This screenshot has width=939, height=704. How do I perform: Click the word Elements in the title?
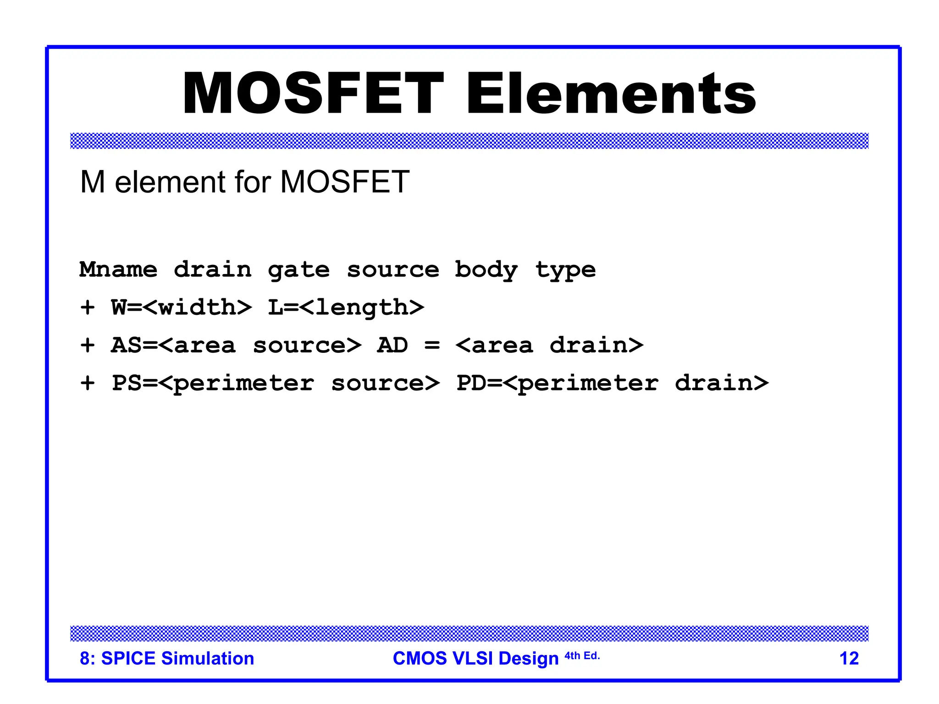click(x=611, y=93)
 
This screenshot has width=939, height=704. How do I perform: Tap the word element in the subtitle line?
click(x=171, y=182)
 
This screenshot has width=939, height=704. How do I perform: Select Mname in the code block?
click(x=118, y=269)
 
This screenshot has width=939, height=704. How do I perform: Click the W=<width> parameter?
click(x=181, y=308)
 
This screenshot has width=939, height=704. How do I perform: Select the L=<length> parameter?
click(x=346, y=308)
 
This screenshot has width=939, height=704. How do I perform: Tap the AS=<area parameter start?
click(x=173, y=346)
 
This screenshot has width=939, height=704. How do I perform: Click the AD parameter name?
click(x=392, y=346)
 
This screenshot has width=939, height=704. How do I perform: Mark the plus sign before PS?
click(x=88, y=383)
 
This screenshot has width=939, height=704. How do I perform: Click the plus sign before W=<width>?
click(x=88, y=308)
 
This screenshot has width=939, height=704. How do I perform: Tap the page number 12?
click(x=849, y=659)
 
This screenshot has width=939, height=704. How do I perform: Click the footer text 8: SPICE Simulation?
click(x=167, y=659)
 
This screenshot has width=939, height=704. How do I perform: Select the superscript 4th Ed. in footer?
click(x=582, y=656)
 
